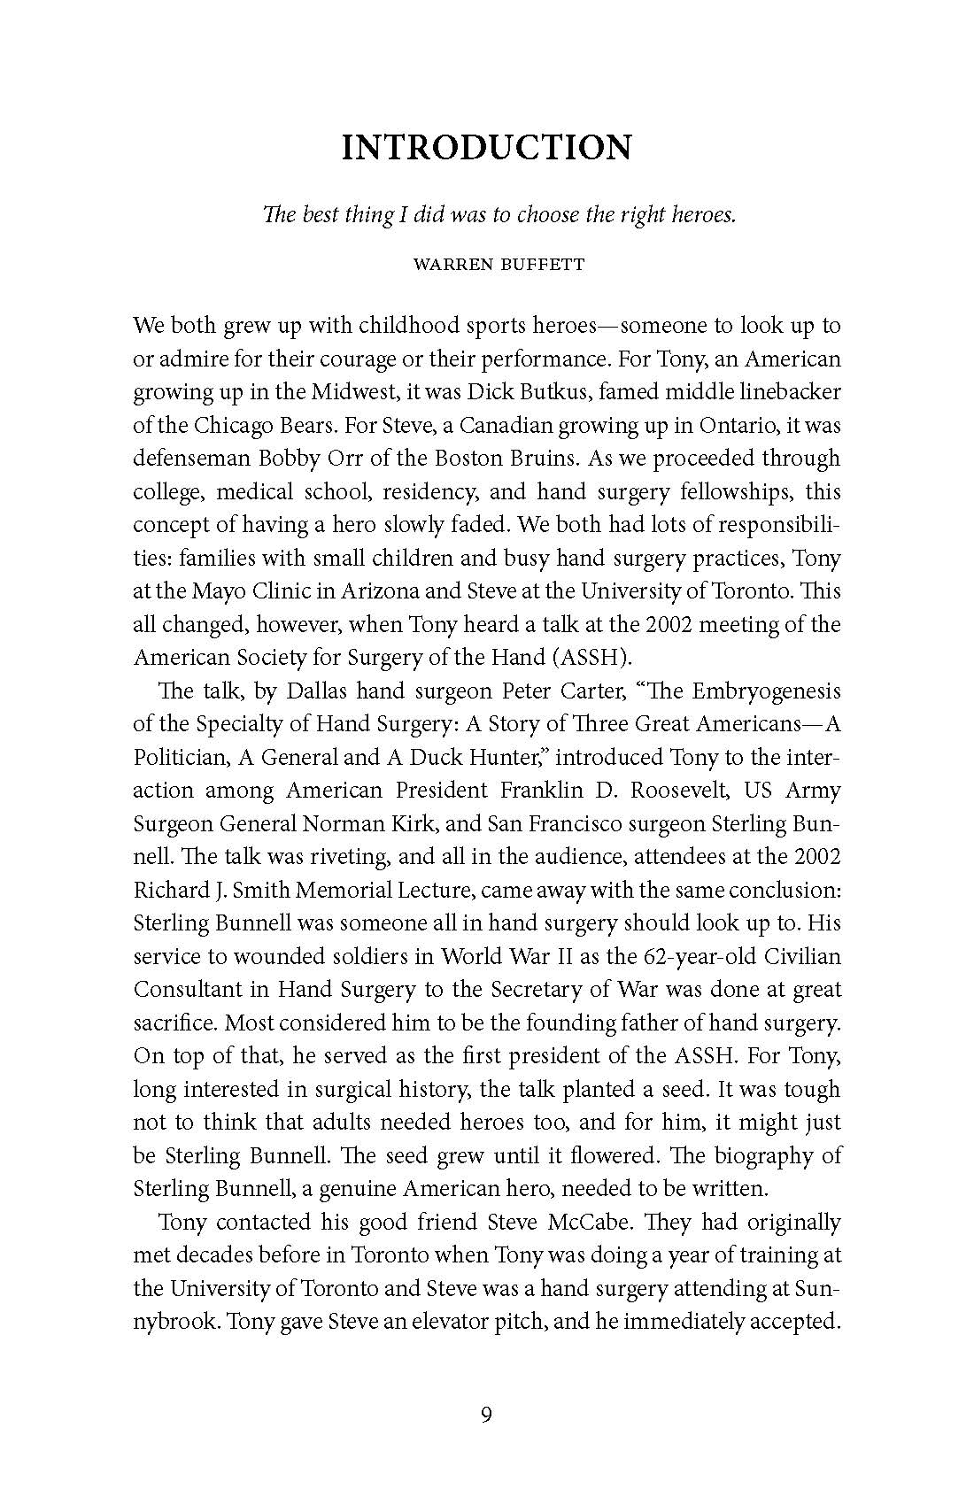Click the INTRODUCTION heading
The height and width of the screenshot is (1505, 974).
click(x=487, y=148)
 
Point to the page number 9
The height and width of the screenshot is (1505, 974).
click(x=487, y=1415)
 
